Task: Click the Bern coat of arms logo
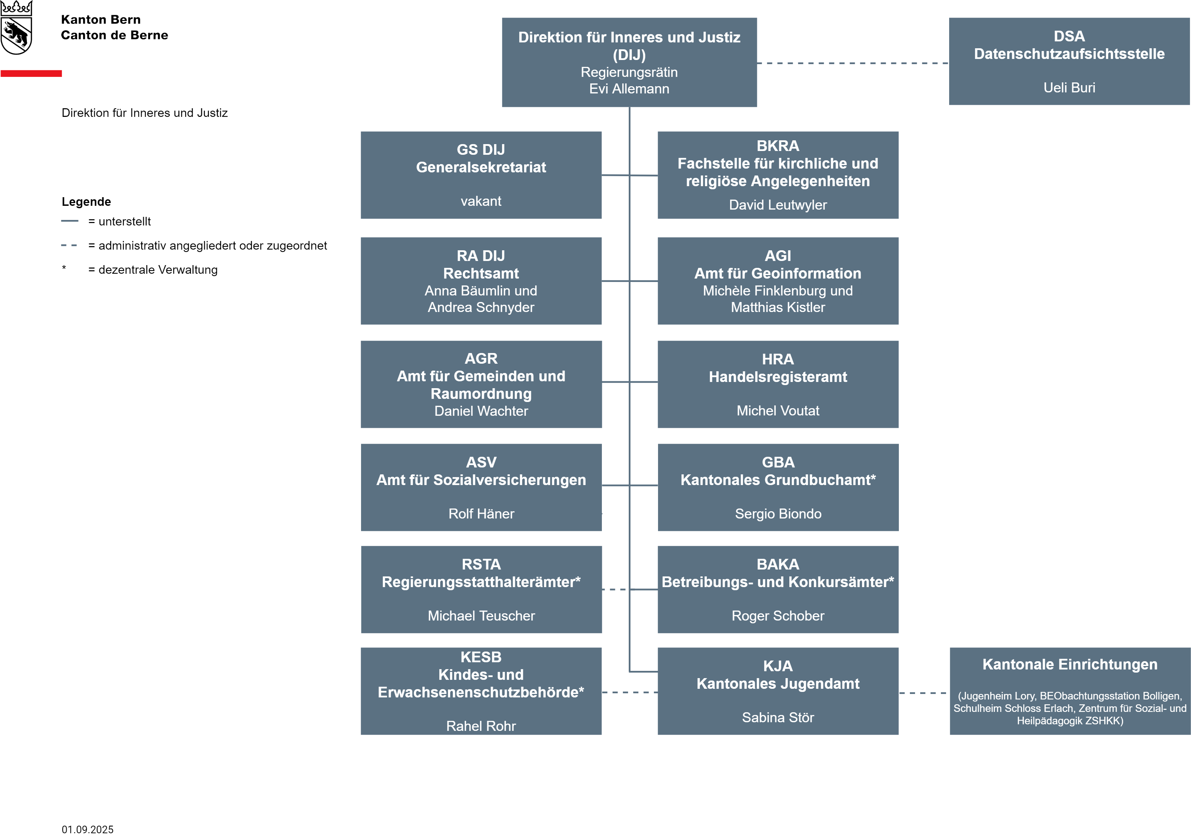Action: (x=16, y=28)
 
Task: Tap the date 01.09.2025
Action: (x=88, y=829)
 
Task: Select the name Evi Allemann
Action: (x=629, y=89)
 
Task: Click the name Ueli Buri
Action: (x=1069, y=88)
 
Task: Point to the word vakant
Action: (x=481, y=201)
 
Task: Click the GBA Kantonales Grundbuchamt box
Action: (x=778, y=487)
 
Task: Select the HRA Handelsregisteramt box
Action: (x=778, y=384)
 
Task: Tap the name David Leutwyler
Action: (x=778, y=205)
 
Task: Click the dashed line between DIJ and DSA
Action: (x=853, y=63)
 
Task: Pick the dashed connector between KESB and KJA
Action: (x=630, y=692)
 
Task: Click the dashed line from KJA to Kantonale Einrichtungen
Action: (x=924, y=693)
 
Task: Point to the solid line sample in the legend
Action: (x=70, y=221)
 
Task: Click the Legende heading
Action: (x=86, y=201)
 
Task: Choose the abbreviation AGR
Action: (x=481, y=359)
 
